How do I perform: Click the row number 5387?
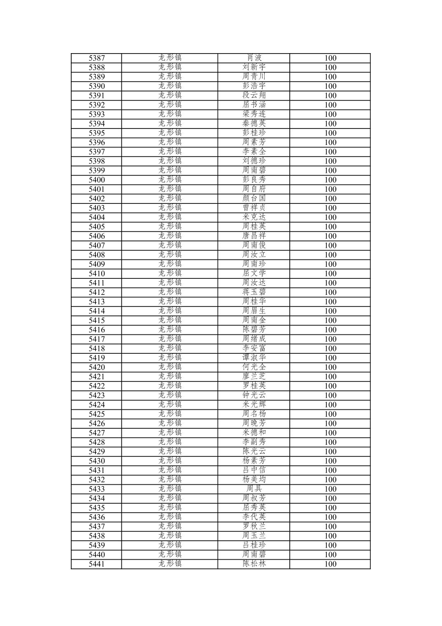(x=97, y=58)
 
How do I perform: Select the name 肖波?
(x=254, y=58)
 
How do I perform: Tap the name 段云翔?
(x=254, y=96)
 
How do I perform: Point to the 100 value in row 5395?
(x=330, y=133)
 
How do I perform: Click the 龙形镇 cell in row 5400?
(x=170, y=180)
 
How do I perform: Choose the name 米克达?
(x=254, y=217)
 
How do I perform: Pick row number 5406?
(x=97, y=236)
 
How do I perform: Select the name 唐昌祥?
(x=254, y=236)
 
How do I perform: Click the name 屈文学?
(x=254, y=273)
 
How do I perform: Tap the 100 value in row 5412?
(x=330, y=292)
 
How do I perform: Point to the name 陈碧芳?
(x=254, y=329)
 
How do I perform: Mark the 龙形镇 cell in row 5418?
(x=170, y=348)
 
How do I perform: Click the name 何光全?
(x=254, y=367)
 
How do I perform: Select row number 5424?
(x=97, y=404)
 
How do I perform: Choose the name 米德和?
(x=254, y=432)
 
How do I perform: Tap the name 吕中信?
(x=254, y=470)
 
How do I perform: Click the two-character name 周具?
(x=254, y=489)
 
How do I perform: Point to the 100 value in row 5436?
(x=330, y=517)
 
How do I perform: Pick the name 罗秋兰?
(x=254, y=526)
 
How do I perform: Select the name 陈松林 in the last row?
(x=254, y=564)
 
